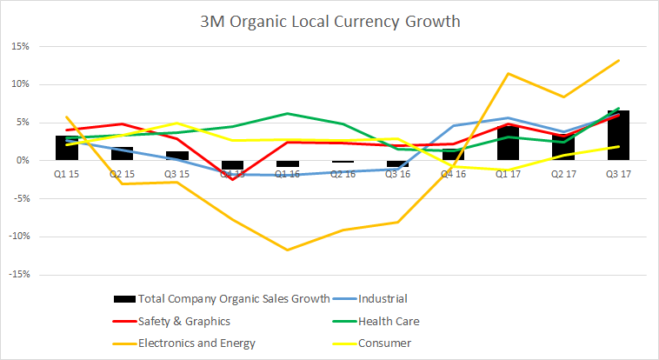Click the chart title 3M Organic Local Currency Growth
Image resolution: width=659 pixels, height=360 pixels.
329,18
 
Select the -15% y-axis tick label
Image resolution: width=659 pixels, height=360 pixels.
22,274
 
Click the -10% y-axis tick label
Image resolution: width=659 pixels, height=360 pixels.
22,237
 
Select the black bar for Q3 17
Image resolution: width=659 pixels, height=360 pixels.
617,136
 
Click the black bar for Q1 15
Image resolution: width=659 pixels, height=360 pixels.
67,148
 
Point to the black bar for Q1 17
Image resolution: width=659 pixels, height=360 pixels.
507,143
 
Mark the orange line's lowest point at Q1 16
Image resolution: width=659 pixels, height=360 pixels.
287,250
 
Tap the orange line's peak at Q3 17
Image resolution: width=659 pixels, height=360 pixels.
617,60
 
